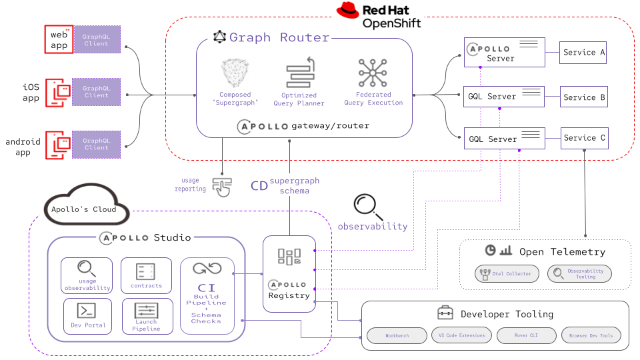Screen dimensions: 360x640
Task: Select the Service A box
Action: (x=583, y=52)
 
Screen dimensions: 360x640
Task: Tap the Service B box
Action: (x=583, y=97)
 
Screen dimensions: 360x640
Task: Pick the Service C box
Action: (x=584, y=138)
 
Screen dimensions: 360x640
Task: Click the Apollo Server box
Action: (x=504, y=53)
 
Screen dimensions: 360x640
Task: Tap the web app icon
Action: (x=59, y=39)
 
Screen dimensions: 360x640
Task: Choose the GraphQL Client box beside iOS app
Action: (x=96, y=92)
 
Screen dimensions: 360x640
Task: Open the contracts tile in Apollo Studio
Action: (x=146, y=275)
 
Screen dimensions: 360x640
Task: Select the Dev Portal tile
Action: (x=88, y=315)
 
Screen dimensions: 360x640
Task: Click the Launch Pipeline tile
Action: (x=146, y=315)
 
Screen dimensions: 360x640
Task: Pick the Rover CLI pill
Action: (x=527, y=335)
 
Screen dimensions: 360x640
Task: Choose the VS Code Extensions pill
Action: (x=462, y=335)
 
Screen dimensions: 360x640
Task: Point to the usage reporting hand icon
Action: (x=221, y=186)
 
